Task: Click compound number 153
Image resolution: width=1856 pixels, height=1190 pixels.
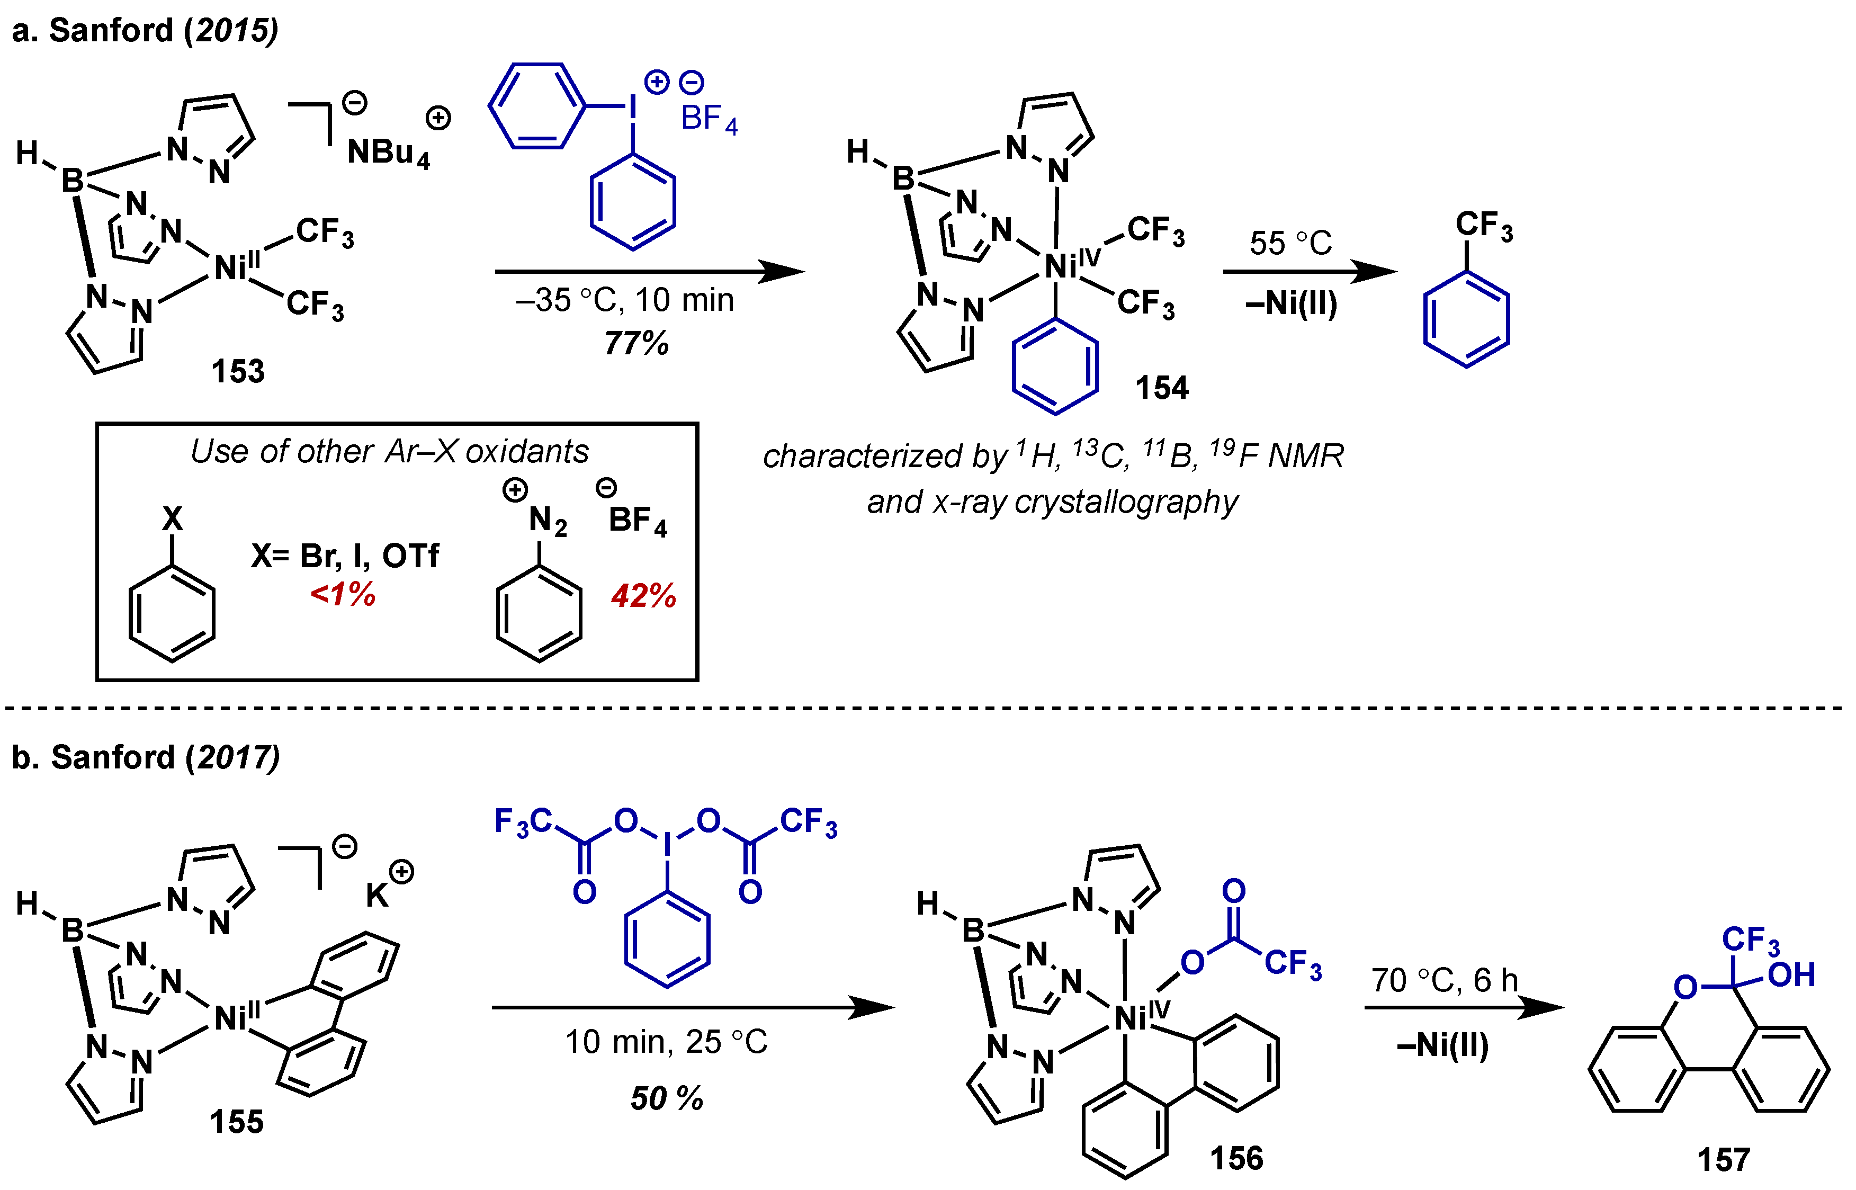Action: point(238,372)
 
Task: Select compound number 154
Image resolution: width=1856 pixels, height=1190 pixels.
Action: point(1161,388)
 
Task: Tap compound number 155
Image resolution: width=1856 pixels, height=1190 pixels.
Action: point(237,1122)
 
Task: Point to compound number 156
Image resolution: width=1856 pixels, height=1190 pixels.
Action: point(1236,1158)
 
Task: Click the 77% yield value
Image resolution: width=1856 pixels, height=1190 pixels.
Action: point(636,343)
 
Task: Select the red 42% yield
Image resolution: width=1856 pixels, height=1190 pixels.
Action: point(643,596)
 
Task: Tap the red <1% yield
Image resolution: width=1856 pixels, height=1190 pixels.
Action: point(342,594)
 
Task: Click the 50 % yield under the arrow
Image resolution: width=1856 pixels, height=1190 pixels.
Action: point(666,1098)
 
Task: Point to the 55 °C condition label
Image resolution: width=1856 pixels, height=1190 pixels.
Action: point(1290,244)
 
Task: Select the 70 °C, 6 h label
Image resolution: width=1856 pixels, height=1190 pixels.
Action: point(1444,981)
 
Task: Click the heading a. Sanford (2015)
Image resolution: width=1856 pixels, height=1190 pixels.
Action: point(145,30)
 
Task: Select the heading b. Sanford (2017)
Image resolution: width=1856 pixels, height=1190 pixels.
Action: point(145,757)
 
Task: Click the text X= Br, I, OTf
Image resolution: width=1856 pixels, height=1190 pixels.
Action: point(345,556)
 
